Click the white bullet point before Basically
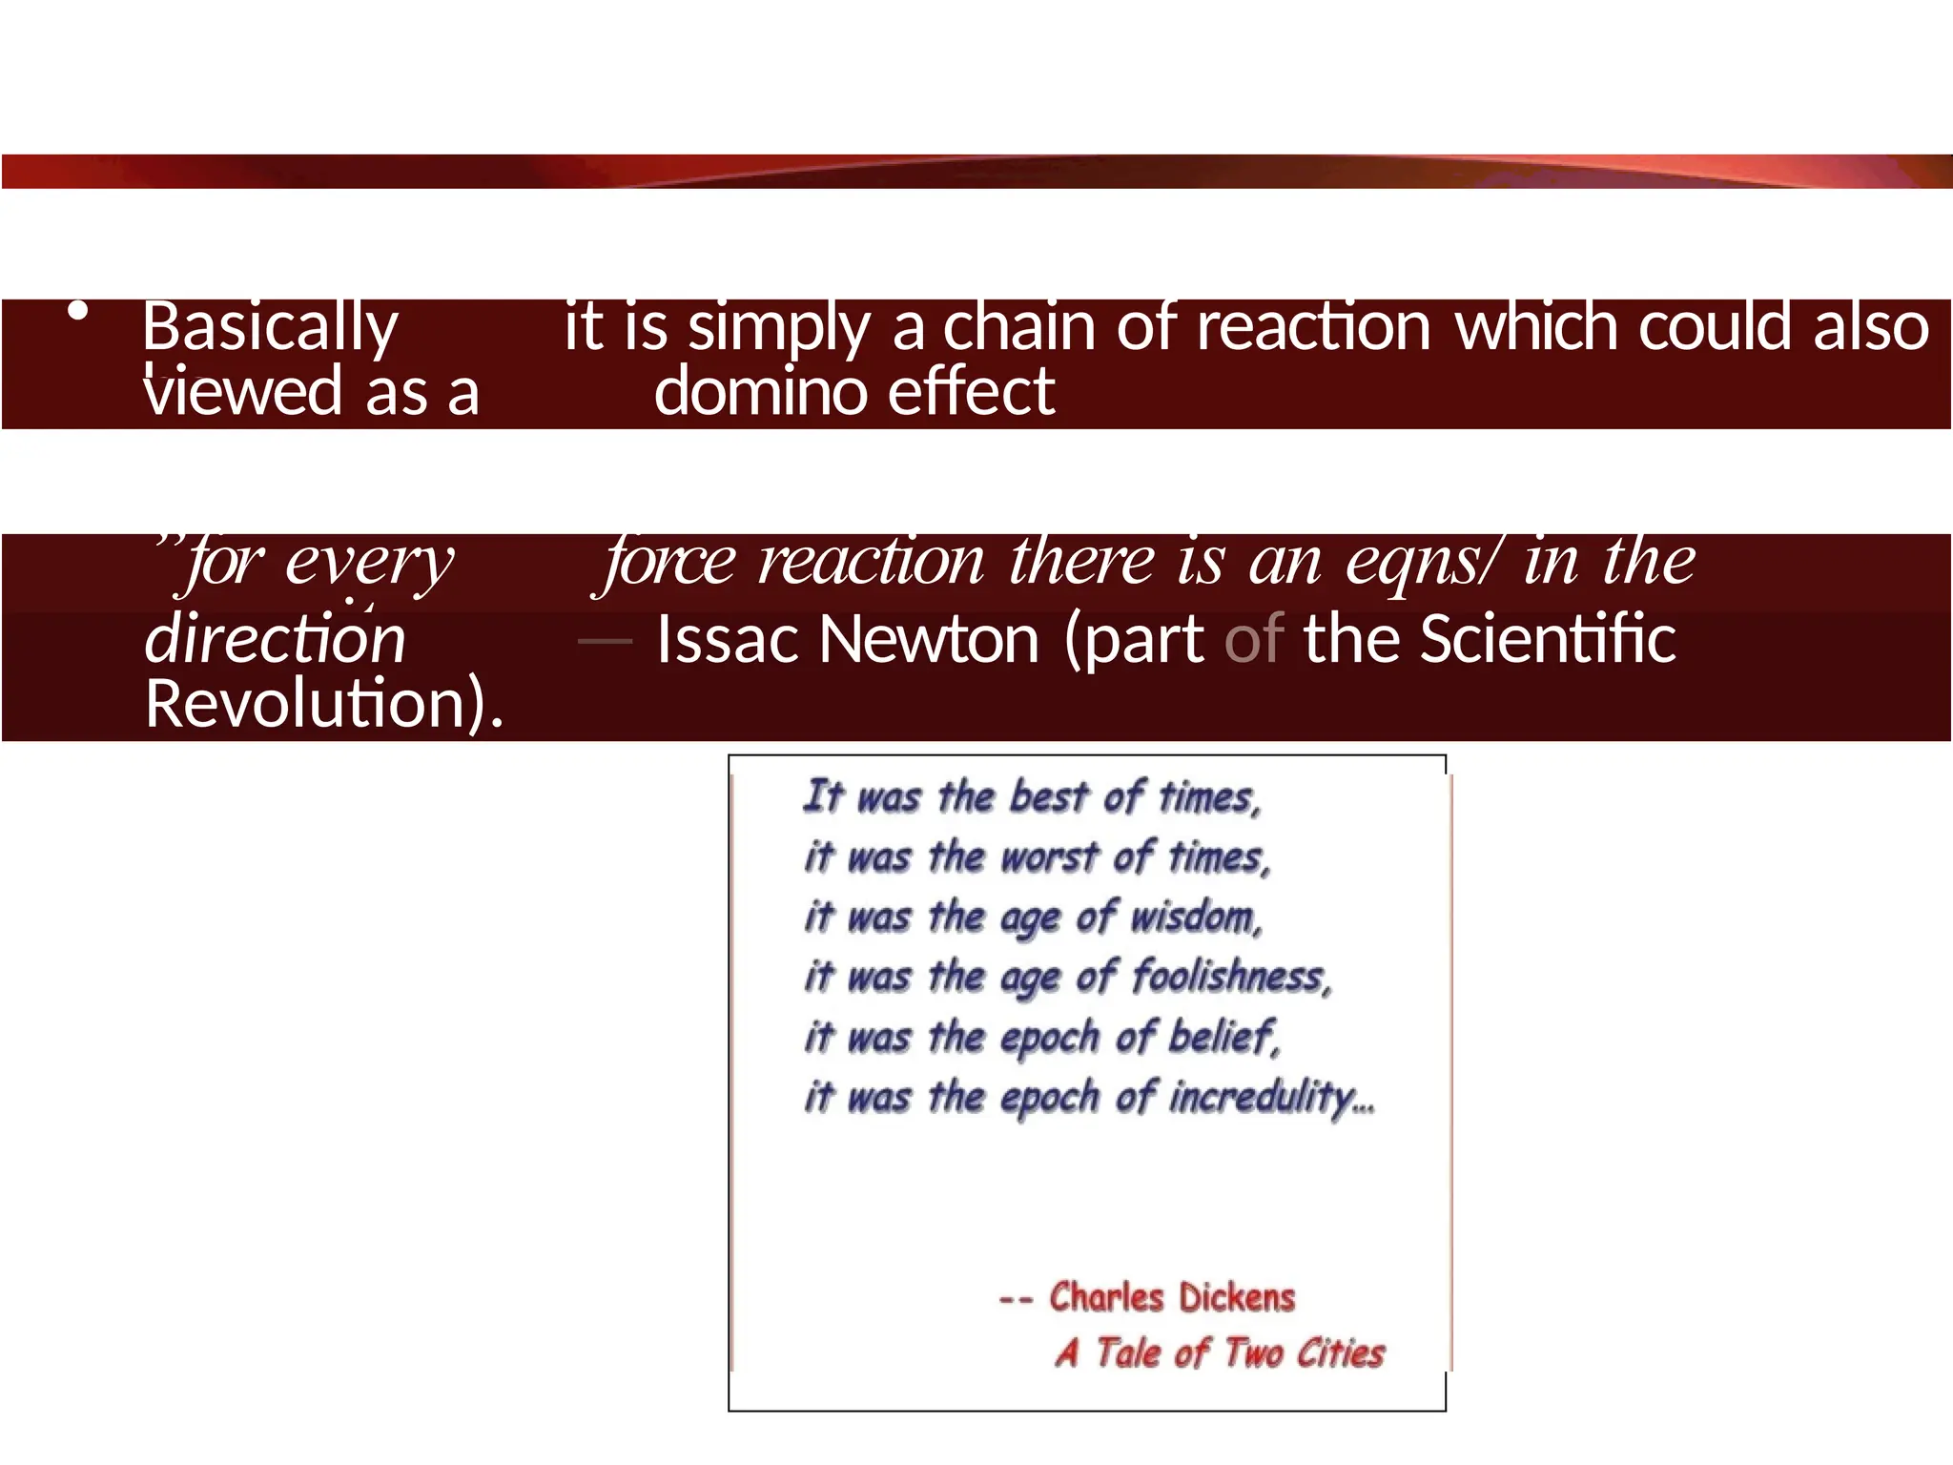79,311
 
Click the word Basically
270,327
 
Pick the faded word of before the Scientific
1254,639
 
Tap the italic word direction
276,639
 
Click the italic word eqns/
1422,561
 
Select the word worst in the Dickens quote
1049,856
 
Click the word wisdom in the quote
1196,918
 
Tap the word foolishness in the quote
1231,977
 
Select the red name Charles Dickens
1172,1297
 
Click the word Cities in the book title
1340,1352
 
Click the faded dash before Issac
605,641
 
